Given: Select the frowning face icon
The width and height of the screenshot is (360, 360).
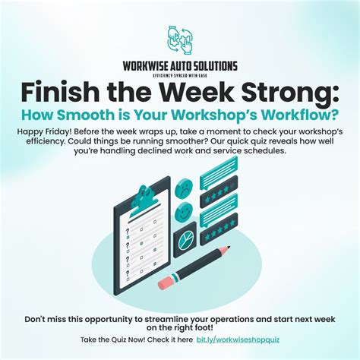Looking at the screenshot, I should pos(184,186).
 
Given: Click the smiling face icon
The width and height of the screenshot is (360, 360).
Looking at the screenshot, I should pos(184,208).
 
